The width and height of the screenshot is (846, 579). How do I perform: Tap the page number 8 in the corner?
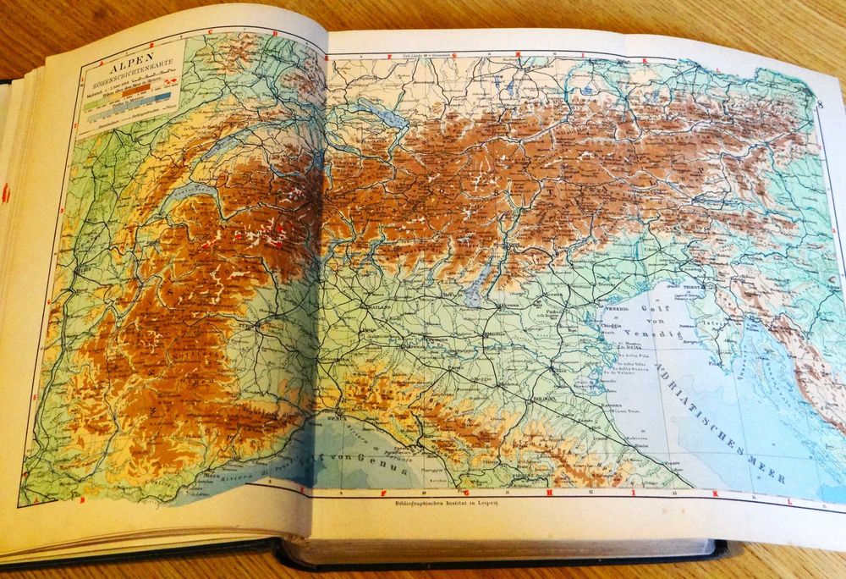[x=821, y=104]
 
